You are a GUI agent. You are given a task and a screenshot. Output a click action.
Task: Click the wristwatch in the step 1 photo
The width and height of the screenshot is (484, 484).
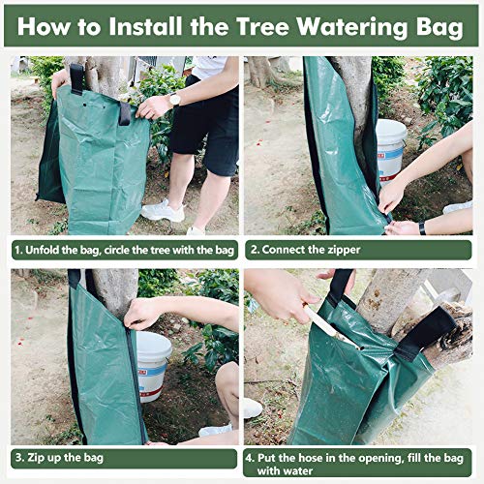175,99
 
